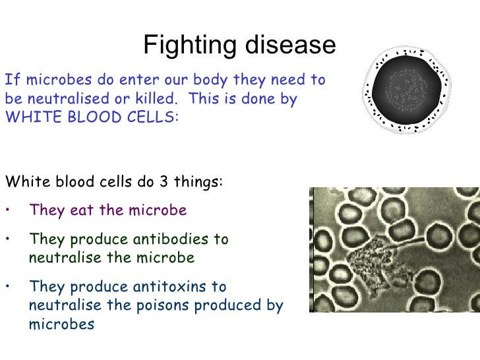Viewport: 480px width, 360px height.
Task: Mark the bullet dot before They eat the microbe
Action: [x=7, y=211]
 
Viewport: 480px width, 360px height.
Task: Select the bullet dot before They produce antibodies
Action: [x=7, y=239]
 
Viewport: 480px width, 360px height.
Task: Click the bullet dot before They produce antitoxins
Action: [x=7, y=287]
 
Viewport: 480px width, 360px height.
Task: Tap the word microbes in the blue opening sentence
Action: [x=46, y=80]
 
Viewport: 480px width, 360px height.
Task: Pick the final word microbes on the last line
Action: [x=62, y=324]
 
